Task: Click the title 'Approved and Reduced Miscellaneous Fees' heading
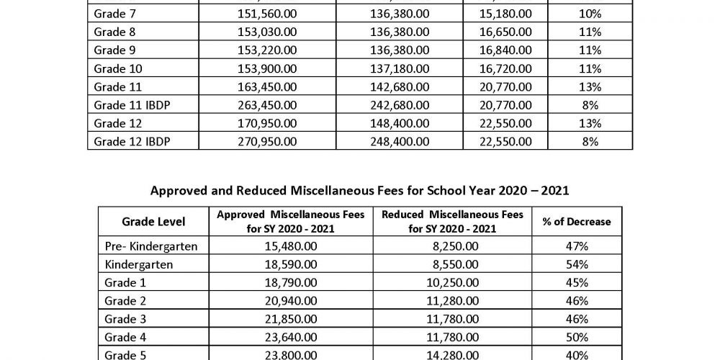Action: pos(359,191)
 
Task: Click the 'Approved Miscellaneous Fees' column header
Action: pos(291,222)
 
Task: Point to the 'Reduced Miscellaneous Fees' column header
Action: pos(453,222)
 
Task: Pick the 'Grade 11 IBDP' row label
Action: pos(126,105)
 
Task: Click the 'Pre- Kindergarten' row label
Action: pos(151,246)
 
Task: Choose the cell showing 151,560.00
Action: pos(267,14)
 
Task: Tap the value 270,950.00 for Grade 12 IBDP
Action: pos(267,142)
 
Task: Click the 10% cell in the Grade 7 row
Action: pos(590,14)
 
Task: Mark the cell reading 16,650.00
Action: pos(508,32)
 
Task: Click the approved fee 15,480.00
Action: pos(290,246)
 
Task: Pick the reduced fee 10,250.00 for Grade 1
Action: pos(453,283)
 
